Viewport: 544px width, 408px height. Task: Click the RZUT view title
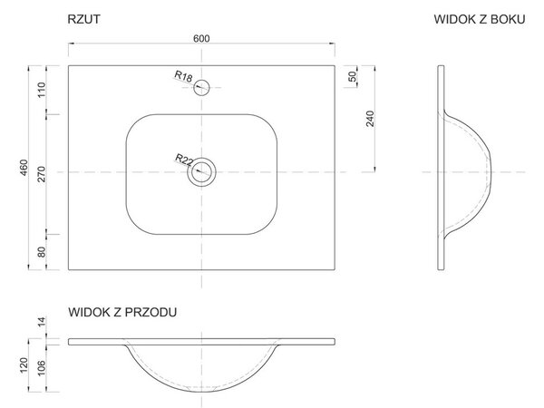point(84,19)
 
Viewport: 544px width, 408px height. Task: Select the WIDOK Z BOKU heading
point(480,19)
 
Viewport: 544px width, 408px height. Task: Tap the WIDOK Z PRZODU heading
point(122,312)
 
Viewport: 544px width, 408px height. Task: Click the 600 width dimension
point(201,38)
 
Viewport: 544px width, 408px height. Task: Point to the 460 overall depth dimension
point(24,167)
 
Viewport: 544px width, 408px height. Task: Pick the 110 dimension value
point(42,90)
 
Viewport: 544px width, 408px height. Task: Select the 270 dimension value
point(42,174)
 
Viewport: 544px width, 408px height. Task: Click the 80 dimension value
point(42,252)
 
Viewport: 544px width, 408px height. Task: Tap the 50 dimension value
point(353,76)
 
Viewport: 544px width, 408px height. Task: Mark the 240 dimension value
point(371,119)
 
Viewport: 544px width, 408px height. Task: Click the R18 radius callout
point(183,76)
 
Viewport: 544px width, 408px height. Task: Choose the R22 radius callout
point(184,160)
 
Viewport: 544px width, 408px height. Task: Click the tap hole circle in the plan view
point(201,80)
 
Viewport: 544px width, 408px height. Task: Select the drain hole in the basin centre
point(201,158)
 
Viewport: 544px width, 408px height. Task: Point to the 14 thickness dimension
point(42,322)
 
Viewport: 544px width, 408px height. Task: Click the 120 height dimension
point(24,365)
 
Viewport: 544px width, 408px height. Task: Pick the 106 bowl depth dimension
point(42,368)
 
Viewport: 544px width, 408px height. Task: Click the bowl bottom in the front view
point(201,392)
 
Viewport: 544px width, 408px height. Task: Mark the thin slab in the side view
point(441,167)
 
